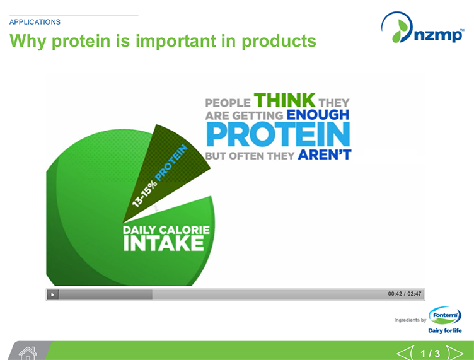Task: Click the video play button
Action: tap(53, 294)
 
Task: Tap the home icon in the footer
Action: tap(27, 352)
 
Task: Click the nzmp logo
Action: tap(422, 30)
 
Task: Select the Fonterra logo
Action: tap(444, 315)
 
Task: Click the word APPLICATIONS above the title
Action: tap(35, 22)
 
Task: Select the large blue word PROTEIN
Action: tap(279, 134)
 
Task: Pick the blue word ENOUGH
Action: tap(318, 115)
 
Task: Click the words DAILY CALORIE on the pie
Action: tap(165, 230)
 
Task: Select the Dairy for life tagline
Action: tap(444, 330)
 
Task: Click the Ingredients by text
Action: tap(410, 320)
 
